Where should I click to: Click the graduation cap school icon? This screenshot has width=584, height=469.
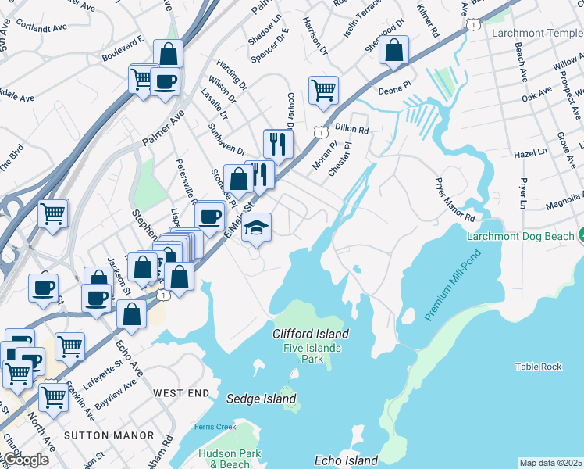tap(256, 228)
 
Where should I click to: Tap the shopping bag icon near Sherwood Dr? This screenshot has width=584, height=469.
tap(395, 50)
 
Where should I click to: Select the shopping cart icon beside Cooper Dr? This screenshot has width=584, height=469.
tap(323, 90)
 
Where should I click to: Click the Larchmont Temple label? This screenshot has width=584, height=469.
tap(536, 33)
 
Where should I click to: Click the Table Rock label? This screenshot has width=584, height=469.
tap(538, 367)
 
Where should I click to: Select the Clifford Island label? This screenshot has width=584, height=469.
tap(311, 334)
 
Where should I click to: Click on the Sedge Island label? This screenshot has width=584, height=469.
tap(262, 399)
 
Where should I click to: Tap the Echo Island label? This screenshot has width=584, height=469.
tap(346, 460)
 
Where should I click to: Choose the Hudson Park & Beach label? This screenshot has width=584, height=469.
tap(223, 458)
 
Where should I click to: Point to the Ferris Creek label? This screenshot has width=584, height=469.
tap(215, 426)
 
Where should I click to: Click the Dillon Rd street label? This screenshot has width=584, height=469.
tap(351, 127)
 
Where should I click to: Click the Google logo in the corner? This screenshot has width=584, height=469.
tap(25, 459)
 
